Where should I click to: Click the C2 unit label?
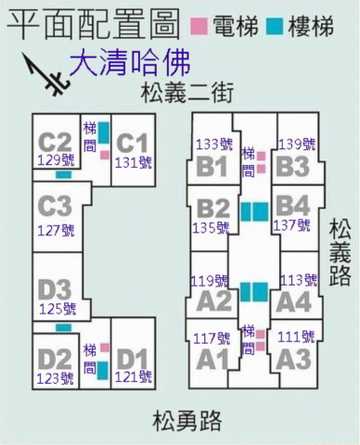pyautogui.click(x=55, y=143)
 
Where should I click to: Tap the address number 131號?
pyautogui.click(x=134, y=162)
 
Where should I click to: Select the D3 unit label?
pyautogui.click(x=55, y=290)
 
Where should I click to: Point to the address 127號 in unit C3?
pyautogui.click(x=56, y=231)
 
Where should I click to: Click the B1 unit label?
pyautogui.click(x=212, y=166)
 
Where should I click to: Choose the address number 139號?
pyautogui.click(x=297, y=145)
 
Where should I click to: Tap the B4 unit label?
pyautogui.click(x=292, y=206)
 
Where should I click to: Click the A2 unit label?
pyautogui.click(x=214, y=301)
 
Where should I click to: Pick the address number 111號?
pyautogui.click(x=296, y=337)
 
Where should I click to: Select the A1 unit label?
pyautogui.click(x=212, y=360)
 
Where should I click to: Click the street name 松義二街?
pyautogui.click(x=186, y=93)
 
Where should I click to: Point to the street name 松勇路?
pyautogui.click(x=187, y=421)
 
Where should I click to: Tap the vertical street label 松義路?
pyautogui.click(x=340, y=252)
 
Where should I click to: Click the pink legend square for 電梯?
pyautogui.click(x=199, y=26)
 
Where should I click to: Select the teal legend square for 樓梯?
pyautogui.click(x=275, y=26)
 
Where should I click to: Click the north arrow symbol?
pyautogui.click(x=45, y=74)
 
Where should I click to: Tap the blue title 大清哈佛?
pyautogui.click(x=130, y=63)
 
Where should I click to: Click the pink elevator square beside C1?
pyautogui.click(x=105, y=155)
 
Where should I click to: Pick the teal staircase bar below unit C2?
pyautogui.click(x=64, y=175)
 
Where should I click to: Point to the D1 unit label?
pyautogui.click(x=133, y=360)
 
